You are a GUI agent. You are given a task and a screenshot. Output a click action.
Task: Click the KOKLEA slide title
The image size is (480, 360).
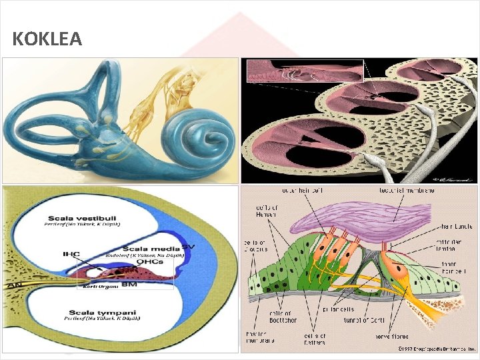pos(47,39)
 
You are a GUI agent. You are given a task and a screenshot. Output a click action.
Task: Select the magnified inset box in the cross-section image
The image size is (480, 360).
pos(305,71)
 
